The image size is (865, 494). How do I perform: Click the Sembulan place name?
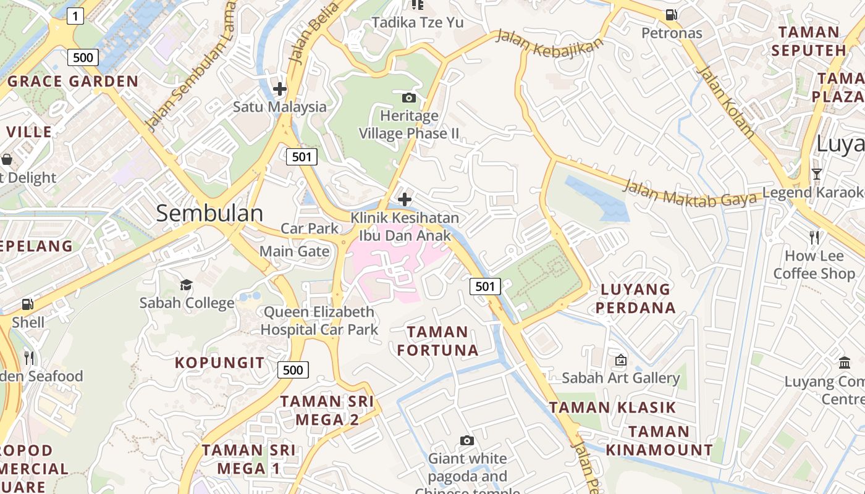pyautogui.click(x=209, y=213)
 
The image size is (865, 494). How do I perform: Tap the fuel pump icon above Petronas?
pyautogui.click(x=671, y=14)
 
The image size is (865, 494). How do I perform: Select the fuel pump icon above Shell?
pyautogui.click(x=27, y=304)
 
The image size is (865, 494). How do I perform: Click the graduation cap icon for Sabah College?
pyautogui.click(x=186, y=284)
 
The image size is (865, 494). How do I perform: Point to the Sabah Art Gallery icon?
pyautogui.click(x=620, y=359)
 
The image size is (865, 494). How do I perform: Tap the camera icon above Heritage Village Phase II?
pyautogui.click(x=408, y=98)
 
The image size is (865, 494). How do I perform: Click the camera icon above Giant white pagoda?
pyautogui.click(x=467, y=440)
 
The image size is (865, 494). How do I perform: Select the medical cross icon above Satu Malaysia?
pyautogui.click(x=280, y=89)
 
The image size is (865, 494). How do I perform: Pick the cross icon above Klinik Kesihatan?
pyautogui.click(x=405, y=199)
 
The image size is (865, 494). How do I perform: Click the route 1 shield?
pyautogui.click(x=75, y=16)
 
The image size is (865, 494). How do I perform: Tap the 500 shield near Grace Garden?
pyautogui.click(x=82, y=57)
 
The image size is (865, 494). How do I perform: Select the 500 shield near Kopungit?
pyautogui.click(x=292, y=370)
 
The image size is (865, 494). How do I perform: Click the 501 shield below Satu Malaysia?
pyautogui.click(x=302, y=156)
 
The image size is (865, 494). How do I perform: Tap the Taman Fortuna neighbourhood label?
pyautogui.click(x=437, y=341)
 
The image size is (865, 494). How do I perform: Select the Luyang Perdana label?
pyautogui.click(x=635, y=298)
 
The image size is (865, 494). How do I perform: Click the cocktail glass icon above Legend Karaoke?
pyautogui.click(x=816, y=174)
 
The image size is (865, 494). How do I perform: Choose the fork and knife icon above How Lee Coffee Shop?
pyautogui.click(x=814, y=237)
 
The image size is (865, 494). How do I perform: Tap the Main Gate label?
pyautogui.click(x=294, y=251)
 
